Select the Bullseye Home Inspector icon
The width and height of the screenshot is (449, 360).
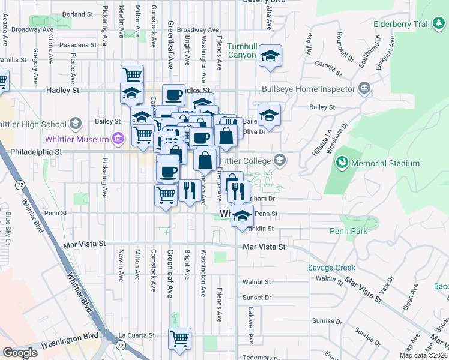tap(364, 89)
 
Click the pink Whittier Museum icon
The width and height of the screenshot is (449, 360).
tap(118, 140)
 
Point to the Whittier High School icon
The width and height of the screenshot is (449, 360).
tap(75, 124)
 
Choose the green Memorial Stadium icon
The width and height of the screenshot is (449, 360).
tap(342, 163)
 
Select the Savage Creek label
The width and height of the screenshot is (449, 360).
tap(331, 268)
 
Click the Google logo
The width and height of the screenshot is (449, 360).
tap(20, 353)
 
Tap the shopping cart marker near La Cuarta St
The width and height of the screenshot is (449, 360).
tap(179, 338)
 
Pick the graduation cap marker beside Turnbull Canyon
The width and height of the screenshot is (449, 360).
tap(270, 57)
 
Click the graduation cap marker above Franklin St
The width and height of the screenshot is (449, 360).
tap(242, 216)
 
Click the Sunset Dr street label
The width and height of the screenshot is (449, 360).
tap(257, 298)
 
